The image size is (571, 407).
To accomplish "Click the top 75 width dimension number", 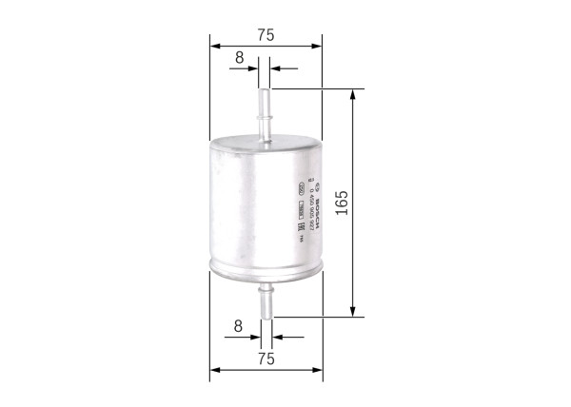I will [266, 34].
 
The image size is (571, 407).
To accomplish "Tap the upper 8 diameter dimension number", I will [240, 58].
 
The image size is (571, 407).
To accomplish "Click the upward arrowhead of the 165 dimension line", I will [354, 96].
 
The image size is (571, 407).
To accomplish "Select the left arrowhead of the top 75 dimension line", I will [215, 45].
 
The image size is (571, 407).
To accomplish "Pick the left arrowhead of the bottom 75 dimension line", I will [215, 369].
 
